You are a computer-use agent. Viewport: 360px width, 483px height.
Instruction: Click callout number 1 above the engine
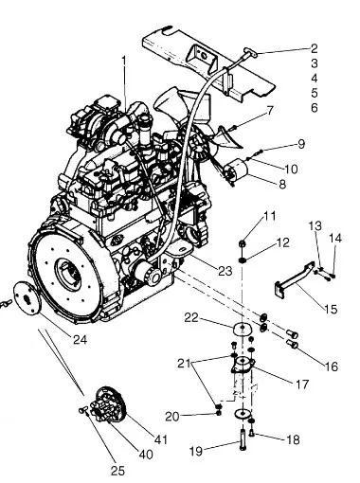pyautogui.click(x=124, y=62)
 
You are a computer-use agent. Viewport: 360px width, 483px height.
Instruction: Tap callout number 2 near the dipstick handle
pyautogui.click(x=314, y=48)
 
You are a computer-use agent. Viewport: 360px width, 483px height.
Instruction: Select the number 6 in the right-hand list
pyautogui.click(x=314, y=108)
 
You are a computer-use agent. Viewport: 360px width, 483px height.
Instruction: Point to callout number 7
pyautogui.click(x=269, y=111)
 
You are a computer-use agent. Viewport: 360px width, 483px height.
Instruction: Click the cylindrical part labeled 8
pyautogui.click(x=237, y=170)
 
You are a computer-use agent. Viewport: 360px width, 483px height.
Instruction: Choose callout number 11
pyautogui.click(x=270, y=216)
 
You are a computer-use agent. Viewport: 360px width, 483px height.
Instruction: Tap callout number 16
pyautogui.click(x=332, y=367)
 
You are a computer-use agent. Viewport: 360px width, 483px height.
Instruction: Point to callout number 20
pyautogui.click(x=172, y=417)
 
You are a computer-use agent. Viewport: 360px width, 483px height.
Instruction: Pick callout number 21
pyautogui.click(x=184, y=364)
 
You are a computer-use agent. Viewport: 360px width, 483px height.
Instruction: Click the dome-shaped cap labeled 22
pyautogui.click(x=243, y=329)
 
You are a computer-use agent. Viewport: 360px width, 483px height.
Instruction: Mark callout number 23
pyautogui.click(x=225, y=271)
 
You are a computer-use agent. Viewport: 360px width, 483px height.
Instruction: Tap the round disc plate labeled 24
pyautogui.click(x=28, y=298)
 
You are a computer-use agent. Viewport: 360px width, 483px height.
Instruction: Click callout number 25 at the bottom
pyautogui.click(x=117, y=471)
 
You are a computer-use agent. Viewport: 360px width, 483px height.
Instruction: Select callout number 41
pyautogui.click(x=160, y=439)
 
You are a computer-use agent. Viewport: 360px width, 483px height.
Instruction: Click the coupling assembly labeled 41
pyautogui.click(x=111, y=403)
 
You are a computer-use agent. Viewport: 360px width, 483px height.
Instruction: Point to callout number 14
pyautogui.click(x=335, y=239)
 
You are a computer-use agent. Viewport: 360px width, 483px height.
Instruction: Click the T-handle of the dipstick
pyautogui.click(x=251, y=53)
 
